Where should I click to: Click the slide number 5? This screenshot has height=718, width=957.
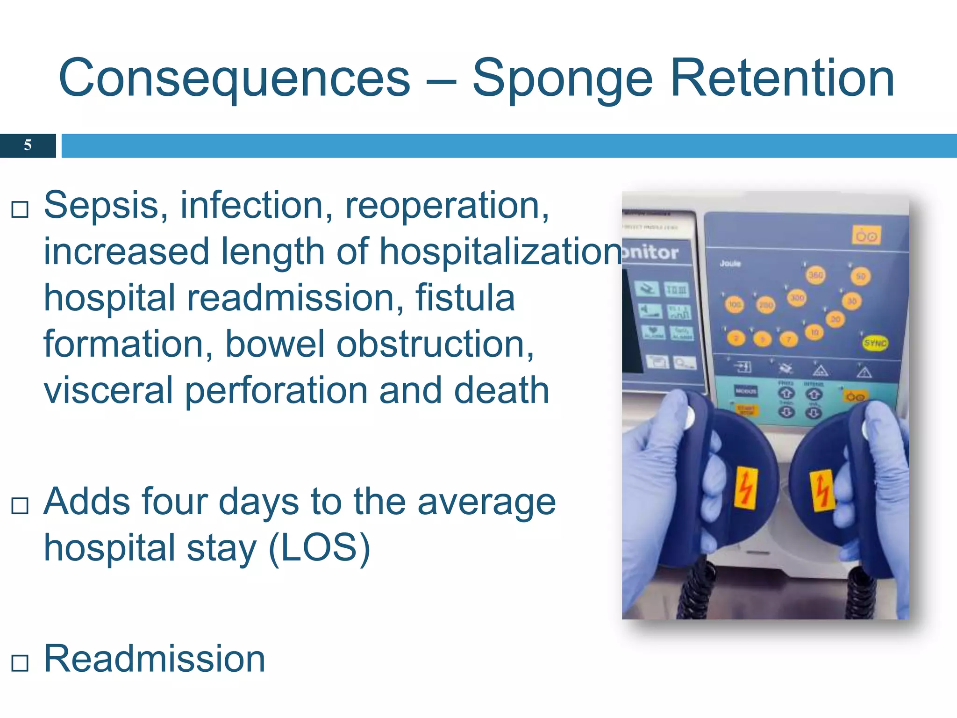pos(28,145)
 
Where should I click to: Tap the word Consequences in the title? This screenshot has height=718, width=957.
pos(234,79)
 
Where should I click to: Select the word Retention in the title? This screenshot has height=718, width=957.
pos(782,78)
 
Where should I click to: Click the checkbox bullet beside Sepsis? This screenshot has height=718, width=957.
pos(20,209)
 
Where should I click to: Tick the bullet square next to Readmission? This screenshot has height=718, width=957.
pos(20,662)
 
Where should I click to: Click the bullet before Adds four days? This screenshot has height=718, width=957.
pos(20,505)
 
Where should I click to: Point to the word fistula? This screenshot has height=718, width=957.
pos(465,298)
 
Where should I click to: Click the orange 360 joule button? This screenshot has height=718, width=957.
pos(816,275)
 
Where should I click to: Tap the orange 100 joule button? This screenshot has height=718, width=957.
pos(735,305)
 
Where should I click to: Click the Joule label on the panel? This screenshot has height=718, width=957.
pos(730,264)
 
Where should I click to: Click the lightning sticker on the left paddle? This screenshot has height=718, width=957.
pos(746,488)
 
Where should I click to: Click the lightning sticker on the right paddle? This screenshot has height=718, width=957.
pos(822,490)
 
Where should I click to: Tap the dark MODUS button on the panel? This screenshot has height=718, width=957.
pos(746,391)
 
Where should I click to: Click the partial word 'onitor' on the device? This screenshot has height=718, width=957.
pos(650,253)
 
